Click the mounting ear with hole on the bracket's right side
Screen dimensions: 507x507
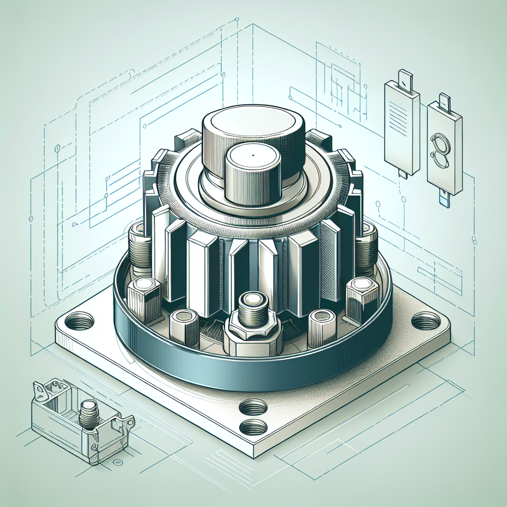[x=128, y=422]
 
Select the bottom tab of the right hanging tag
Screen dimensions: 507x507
[x=444, y=199]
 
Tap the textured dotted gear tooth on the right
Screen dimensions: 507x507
[x=331, y=260]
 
